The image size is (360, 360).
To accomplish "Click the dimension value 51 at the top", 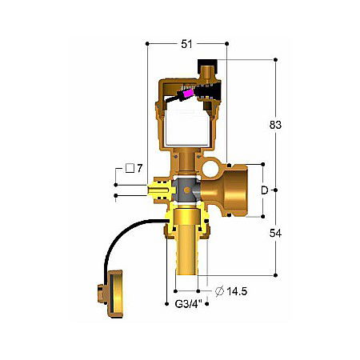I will tap(186, 45).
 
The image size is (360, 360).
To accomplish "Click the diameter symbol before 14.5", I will tap(217, 290).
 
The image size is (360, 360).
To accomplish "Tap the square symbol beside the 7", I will tap(129, 169).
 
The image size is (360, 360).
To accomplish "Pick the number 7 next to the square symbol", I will tap(139, 169).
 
